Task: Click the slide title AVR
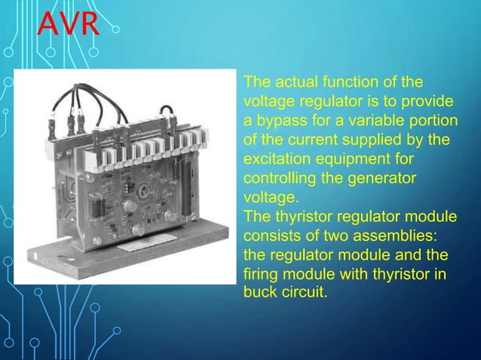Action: click(69, 24)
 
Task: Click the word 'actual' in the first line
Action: click(295, 82)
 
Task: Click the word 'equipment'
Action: click(351, 160)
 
